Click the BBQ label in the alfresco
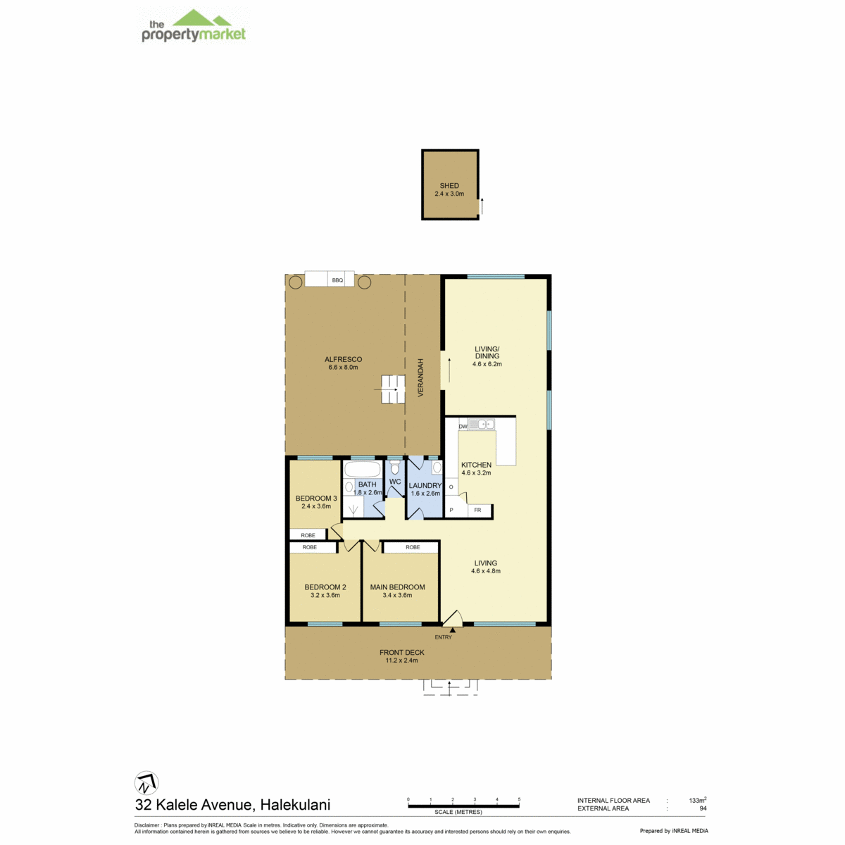(x=337, y=280)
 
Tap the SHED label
(x=449, y=185)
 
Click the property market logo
(x=193, y=26)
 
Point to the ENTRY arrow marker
(x=452, y=630)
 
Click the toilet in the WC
(x=394, y=468)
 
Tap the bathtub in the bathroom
(x=362, y=470)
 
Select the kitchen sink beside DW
(x=482, y=424)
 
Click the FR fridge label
(x=477, y=510)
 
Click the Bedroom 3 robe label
(x=308, y=535)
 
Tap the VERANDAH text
(x=420, y=377)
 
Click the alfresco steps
(x=392, y=389)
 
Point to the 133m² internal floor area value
(x=697, y=799)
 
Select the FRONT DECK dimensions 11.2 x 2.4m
(x=401, y=660)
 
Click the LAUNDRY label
(x=425, y=485)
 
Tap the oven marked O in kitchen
(x=451, y=487)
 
